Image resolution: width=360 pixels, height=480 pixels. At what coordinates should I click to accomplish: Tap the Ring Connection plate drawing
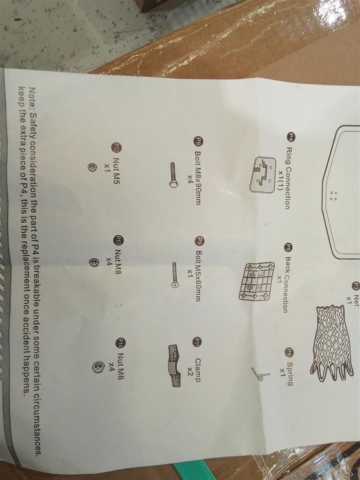263,174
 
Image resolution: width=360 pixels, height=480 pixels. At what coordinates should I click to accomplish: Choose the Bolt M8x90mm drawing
173,175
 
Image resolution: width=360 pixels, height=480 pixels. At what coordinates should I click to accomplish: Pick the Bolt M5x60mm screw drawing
175,275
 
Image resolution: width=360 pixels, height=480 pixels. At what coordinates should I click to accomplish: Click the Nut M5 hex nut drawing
91,167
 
